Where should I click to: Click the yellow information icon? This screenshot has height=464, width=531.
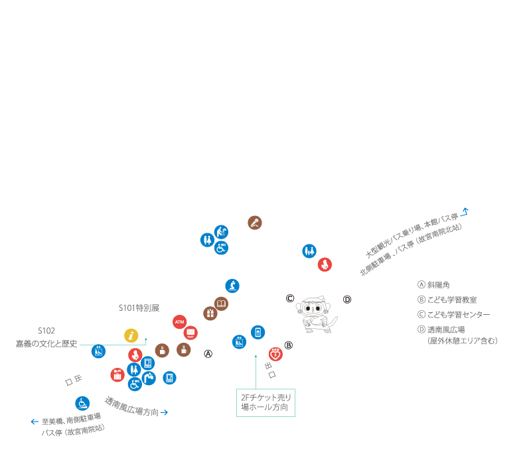pos(131,335)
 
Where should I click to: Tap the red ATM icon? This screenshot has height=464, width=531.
pos(179,321)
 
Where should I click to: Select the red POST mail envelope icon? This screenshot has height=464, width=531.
pos(190,333)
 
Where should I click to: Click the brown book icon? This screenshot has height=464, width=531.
pos(221,304)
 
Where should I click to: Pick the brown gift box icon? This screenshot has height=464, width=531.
pos(210,313)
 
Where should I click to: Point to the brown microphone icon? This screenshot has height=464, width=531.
pos(255,223)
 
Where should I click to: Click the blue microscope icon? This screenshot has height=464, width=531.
pos(232,286)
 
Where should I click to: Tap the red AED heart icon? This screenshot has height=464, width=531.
pos(275,354)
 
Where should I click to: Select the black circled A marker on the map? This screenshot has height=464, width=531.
pos(208,354)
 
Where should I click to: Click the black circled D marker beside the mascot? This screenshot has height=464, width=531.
pos(347,300)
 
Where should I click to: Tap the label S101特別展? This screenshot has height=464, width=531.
pos(139,308)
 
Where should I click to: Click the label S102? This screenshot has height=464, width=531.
pos(46,329)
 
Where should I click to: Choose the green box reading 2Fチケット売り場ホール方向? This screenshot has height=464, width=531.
pos(265,402)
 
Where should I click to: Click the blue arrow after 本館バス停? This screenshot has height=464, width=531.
pos(465,211)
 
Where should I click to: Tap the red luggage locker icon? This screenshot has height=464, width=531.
pos(117,375)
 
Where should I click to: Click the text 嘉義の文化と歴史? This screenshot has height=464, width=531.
pos(46,344)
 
